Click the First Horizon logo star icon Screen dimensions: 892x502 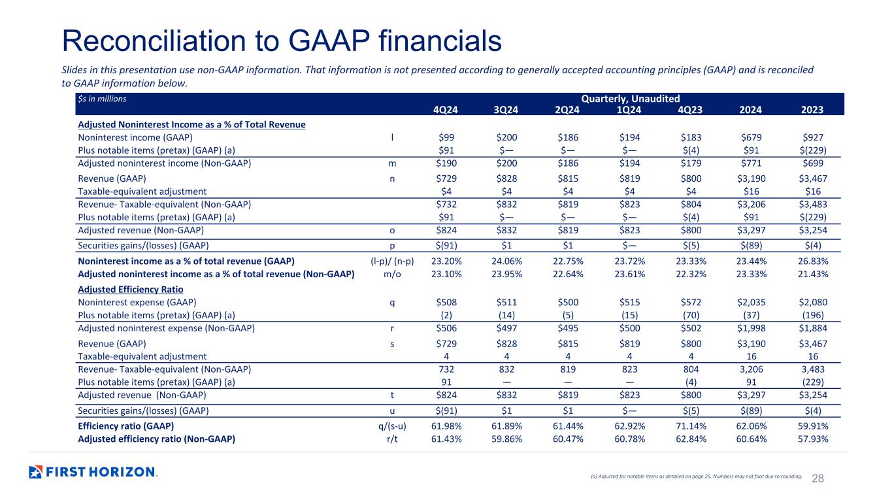tap(35, 472)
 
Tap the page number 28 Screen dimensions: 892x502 tap(818, 478)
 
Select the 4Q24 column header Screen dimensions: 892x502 tap(446, 110)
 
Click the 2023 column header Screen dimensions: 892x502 tap(812, 110)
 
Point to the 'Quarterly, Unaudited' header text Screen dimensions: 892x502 tap(631, 99)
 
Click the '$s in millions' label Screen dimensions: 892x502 tap(102, 99)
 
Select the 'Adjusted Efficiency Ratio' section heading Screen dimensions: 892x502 tap(131, 290)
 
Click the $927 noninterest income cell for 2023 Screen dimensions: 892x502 tap(813, 137)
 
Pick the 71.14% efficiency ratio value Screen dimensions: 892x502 tap(691, 426)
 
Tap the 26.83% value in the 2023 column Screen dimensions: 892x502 tap(813, 261)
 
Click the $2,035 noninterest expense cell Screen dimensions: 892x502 tap(751, 303)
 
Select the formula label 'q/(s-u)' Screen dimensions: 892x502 tap(392, 426)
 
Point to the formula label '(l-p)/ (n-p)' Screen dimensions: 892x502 tap(392, 261)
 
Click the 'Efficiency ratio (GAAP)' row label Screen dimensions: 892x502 tap(126, 426)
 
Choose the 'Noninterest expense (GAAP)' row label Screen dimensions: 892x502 tap(137, 303)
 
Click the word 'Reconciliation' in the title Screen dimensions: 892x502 tap(154, 41)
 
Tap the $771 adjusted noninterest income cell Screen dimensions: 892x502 tap(751, 163)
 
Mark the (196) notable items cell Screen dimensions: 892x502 tap(813, 316)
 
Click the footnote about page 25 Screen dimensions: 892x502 tap(696, 476)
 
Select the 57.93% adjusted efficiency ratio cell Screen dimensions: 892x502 tap(813, 439)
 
